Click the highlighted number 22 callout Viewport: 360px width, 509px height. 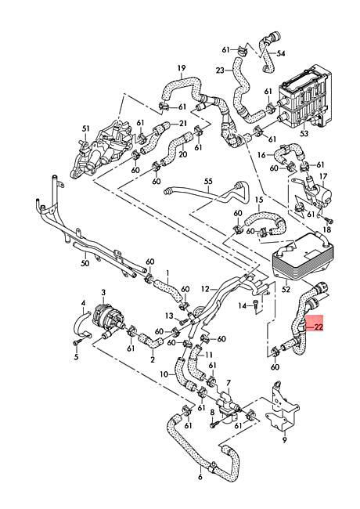pos(319,327)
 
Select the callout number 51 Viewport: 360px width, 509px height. pos(86,128)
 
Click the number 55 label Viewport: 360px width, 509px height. pos(208,181)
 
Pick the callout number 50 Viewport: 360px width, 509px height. pos(85,265)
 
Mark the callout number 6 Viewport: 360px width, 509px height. pos(200,477)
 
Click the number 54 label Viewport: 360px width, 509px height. pos(282,52)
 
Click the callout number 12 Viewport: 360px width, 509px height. pos(204,289)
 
